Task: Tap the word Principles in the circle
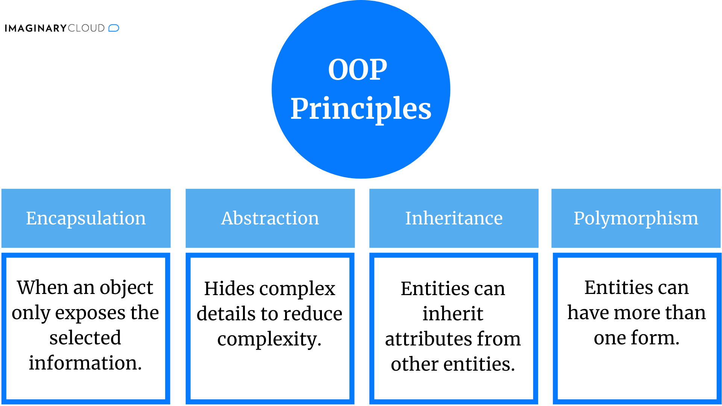[361, 109]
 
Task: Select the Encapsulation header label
[86, 218]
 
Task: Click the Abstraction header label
[270, 218]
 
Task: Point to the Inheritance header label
[454, 218]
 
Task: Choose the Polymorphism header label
[636, 218]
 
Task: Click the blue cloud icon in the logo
[114, 28]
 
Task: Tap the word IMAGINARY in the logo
[35, 29]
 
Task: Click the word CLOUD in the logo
[86, 29]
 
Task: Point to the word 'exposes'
[96, 314]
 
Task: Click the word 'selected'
[85, 338]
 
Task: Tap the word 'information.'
[85, 363]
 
